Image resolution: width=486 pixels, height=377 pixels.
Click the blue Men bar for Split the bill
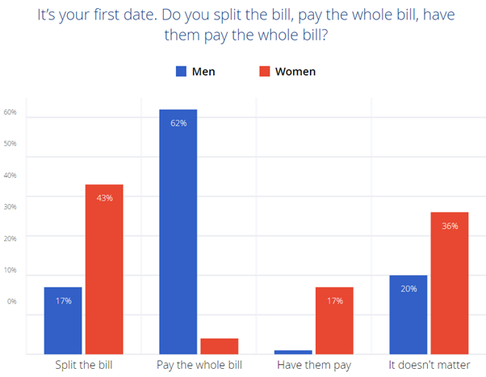click(63, 320)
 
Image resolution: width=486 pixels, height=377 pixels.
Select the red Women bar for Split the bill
click(104, 269)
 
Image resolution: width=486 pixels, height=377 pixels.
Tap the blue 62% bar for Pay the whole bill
click(178, 231)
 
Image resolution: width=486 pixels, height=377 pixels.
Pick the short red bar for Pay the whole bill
click(219, 345)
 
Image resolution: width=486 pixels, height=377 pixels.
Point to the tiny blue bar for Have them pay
click(294, 352)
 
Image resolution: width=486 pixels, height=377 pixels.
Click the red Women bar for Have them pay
click(334, 320)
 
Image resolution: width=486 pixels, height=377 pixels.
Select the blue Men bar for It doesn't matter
click(408, 314)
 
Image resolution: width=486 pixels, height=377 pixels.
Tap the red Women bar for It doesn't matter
click(450, 282)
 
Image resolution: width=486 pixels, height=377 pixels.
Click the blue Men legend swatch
click(181, 71)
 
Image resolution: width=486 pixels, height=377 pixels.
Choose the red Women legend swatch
click(264, 71)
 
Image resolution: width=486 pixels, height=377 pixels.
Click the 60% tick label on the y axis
click(10, 112)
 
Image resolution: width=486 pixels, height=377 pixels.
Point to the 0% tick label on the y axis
click(11, 301)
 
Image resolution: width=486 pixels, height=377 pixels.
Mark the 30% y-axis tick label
click(10, 207)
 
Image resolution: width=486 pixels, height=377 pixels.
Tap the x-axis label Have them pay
click(314, 366)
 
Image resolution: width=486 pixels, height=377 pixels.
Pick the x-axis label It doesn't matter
click(429, 366)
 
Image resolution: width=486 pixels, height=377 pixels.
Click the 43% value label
click(104, 197)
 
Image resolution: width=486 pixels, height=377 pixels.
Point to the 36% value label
click(450, 226)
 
